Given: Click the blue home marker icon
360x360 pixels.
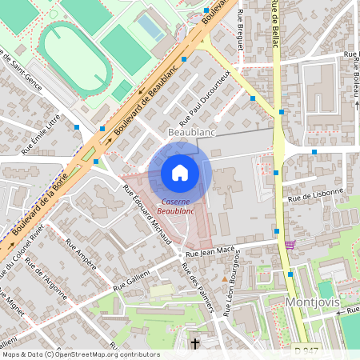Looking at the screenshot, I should click(x=180, y=173).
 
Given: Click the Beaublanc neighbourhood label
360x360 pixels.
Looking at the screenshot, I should click(x=192, y=130).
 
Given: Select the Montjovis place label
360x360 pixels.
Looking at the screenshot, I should click(x=313, y=302).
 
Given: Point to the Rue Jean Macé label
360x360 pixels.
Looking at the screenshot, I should click(x=210, y=252).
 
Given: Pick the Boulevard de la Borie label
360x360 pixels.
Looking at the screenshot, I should click(x=40, y=204).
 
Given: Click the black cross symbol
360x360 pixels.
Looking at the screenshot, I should click(x=195, y=344).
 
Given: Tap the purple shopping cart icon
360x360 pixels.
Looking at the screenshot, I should click(x=289, y=245).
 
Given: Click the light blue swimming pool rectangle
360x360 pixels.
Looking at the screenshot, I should click(x=150, y=29).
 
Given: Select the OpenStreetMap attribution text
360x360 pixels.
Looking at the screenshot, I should click(x=80, y=354).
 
